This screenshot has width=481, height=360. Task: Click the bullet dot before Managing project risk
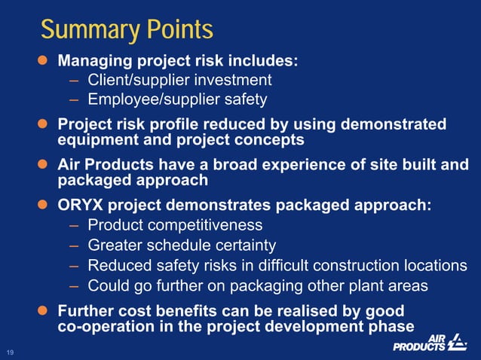coord(44,61)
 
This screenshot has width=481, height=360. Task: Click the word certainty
coord(247,245)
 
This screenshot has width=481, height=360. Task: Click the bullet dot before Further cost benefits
coord(44,310)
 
